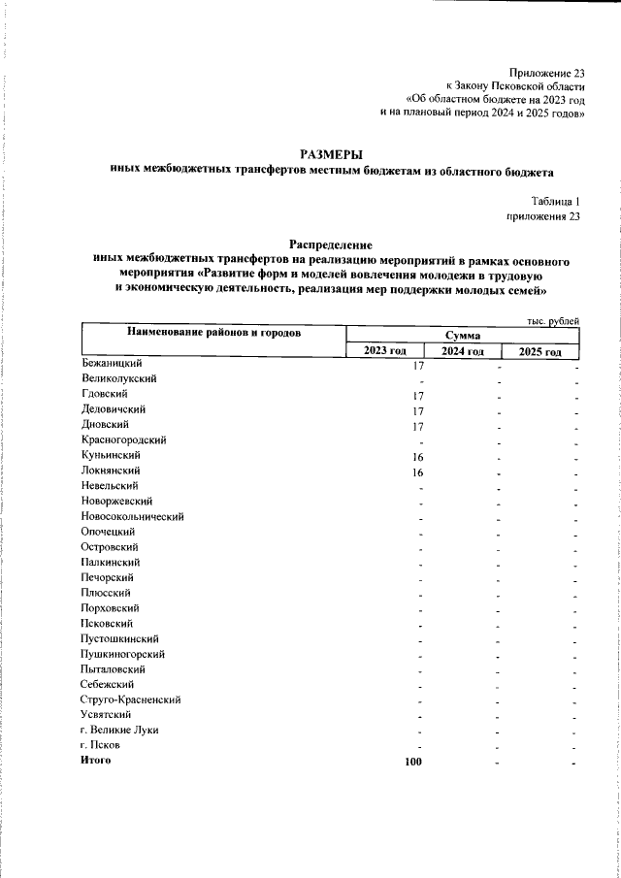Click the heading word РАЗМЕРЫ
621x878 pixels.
point(332,153)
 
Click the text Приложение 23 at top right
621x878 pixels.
point(547,74)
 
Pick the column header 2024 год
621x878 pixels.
point(463,351)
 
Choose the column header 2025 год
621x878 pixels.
point(540,351)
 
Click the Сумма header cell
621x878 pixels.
point(463,334)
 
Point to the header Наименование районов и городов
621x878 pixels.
point(213,334)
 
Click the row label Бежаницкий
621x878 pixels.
point(113,364)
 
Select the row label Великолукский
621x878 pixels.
point(119,379)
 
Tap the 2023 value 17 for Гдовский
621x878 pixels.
point(419,395)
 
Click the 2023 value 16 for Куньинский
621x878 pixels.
point(419,455)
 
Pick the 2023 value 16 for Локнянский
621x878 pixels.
point(419,472)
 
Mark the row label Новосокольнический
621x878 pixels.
point(133,517)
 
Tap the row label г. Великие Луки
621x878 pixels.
point(119,730)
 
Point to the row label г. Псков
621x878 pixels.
point(101,745)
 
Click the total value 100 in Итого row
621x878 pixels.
point(414,762)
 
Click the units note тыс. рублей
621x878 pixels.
point(553,320)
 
